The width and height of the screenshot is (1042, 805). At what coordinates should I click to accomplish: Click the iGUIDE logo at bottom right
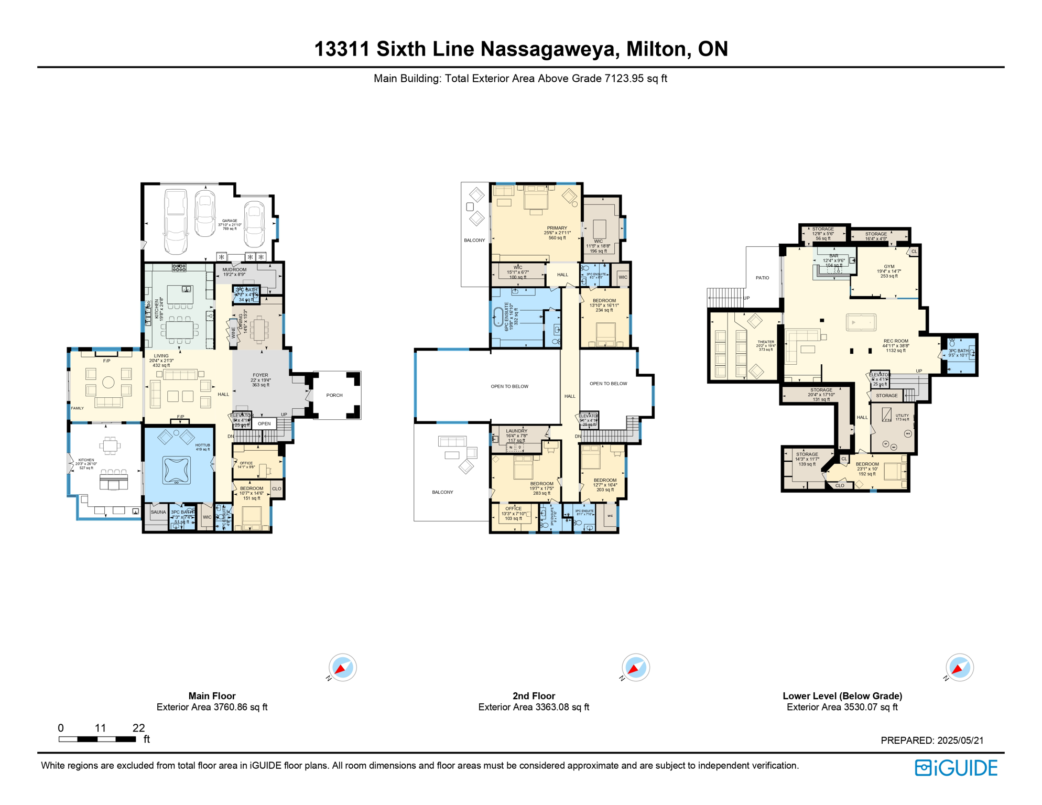click(x=956, y=768)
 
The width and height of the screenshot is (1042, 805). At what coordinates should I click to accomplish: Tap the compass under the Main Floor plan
click(x=343, y=668)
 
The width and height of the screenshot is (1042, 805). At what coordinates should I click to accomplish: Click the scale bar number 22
click(x=138, y=727)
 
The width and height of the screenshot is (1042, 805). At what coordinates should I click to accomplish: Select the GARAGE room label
click(x=230, y=221)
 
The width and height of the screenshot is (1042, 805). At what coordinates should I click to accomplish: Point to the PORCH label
click(x=334, y=395)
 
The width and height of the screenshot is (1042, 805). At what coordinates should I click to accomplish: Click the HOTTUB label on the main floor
click(x=202, y=445)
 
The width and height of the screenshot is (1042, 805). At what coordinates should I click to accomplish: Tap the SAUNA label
click(x=158, y=512)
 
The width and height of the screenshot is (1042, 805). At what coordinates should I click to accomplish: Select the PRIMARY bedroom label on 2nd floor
click(x=557, y=229)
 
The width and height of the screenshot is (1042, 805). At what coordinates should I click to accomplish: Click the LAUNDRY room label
click(x=516, y=431)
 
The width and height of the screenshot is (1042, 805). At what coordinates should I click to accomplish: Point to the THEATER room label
click(x=766, y=342)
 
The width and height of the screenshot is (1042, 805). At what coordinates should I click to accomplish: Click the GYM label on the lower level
click(x=889, y=267)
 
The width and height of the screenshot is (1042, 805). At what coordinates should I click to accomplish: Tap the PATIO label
click(x=762, y=278)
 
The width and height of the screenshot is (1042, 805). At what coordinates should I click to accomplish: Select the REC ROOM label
click(x=896, y=341)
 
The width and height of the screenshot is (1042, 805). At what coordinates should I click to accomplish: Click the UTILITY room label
click(x=902, y=416)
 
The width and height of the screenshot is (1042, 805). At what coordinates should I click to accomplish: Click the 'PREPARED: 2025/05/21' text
click(x=932, y=740)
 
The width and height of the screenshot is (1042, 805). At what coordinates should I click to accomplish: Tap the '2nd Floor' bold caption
click(x=534, y=696)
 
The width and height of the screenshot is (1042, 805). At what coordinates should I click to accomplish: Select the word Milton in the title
click(x=656, y=49)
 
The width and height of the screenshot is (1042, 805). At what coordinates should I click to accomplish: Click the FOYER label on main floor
click(x=260, y=375)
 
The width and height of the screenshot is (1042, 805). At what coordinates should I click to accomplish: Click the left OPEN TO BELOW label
click(x=509, y=386)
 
